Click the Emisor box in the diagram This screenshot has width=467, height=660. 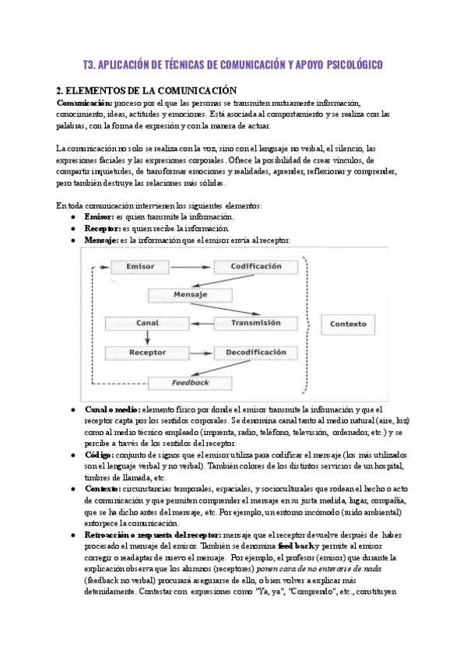140,266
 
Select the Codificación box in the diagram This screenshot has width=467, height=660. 255,266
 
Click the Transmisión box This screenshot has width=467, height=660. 255,322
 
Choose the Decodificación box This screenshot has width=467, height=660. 255,353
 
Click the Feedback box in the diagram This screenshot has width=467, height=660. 190,382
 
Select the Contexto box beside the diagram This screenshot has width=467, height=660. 348,324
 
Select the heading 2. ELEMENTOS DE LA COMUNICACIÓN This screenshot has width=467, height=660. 146,90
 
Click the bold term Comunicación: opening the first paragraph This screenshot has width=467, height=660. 85,103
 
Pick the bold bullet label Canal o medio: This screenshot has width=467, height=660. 112,409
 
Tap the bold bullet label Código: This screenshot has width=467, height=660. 99,454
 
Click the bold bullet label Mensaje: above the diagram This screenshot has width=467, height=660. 101,240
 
